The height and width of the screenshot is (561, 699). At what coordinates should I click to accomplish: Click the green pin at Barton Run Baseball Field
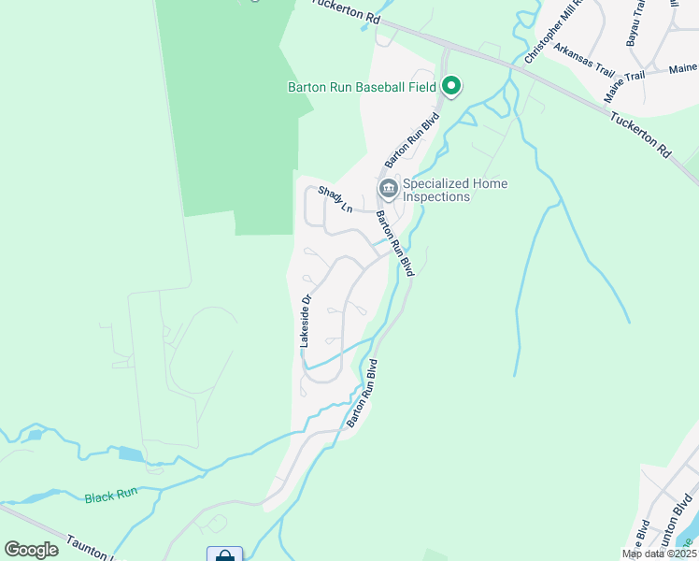[451, 87]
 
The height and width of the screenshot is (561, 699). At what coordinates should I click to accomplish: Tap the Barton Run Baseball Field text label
[362, 88]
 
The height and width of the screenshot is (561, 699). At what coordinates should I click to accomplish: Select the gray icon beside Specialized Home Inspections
[388, 189]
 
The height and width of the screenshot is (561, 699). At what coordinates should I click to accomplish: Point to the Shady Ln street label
[335, 198]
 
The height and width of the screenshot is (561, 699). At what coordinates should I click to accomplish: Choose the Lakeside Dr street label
[305, 321]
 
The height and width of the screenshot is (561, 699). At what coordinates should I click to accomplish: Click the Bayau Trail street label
[637, 22]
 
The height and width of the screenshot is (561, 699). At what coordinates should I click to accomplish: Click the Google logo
[31, 550]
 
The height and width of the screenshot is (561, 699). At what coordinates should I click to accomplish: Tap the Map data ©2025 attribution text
[659, 554]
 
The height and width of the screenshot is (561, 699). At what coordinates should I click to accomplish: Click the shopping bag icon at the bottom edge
[224, 555]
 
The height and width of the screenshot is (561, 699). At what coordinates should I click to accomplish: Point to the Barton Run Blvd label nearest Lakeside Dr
[362, 393]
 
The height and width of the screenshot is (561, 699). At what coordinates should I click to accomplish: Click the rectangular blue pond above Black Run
[130, 454]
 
